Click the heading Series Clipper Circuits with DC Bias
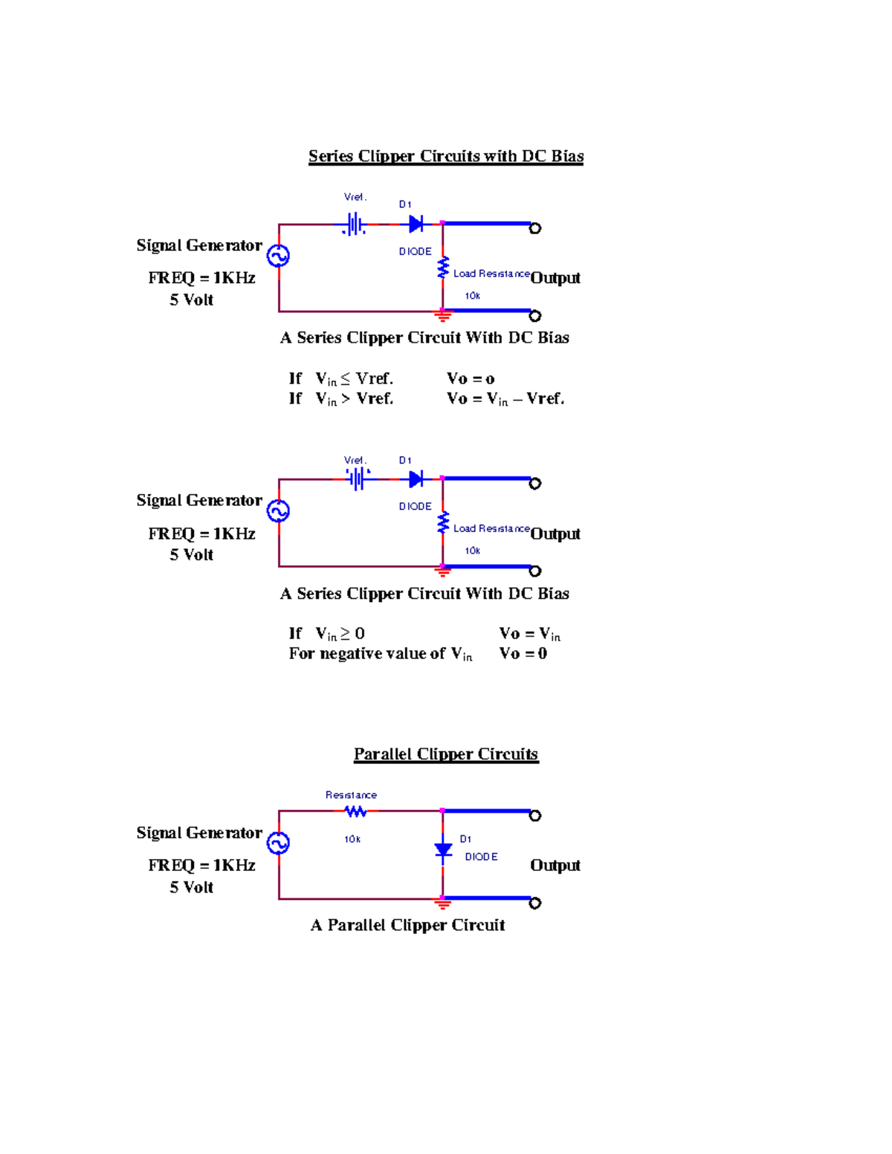(446, 156)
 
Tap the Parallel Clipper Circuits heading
(446, 754)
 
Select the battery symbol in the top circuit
(355, 224)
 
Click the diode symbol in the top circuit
(416, 224)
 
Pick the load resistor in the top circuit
(443, 268)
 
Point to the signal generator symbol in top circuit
(279, 256)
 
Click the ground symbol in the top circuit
(443, 317)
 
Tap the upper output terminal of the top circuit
(534, 228)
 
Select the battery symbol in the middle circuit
(358, 479)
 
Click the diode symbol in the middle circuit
(416, 479)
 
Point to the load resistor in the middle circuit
(443, 522)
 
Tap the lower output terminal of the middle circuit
(534, 571)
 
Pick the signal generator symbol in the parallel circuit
(279, 843)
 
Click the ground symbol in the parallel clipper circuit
(443, 904)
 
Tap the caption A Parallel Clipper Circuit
(407, 925)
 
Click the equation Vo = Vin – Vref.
(505, 399)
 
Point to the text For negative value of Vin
(380, 654)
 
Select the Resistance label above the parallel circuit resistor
(351, 795)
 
